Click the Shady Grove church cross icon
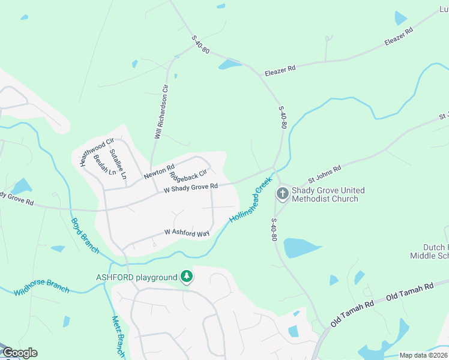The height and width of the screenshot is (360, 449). click(282, 193)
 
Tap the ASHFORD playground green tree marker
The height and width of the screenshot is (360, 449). click(187, 277)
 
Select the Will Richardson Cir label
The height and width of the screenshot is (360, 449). click(161, 112)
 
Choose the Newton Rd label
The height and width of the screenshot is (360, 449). click(158, 173)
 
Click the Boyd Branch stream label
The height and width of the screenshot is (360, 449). click(85, 235)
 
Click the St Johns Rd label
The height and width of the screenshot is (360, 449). click(324, 173)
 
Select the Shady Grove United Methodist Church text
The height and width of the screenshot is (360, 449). click(328, 194)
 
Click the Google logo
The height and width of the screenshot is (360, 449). click(19, 353)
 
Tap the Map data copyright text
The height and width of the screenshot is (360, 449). click(423, 355)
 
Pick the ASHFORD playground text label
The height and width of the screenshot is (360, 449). click(137, 277)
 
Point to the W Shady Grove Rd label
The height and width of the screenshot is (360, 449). click(190, 188)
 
